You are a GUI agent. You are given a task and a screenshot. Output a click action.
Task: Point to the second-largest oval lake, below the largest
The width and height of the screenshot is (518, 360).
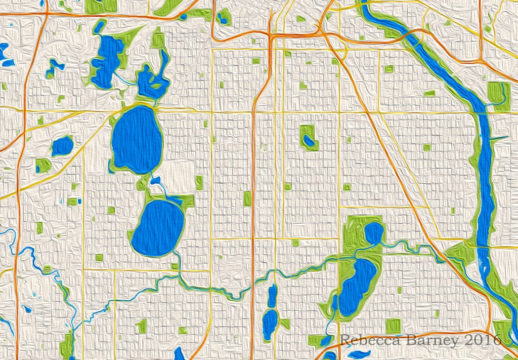pos(158,228)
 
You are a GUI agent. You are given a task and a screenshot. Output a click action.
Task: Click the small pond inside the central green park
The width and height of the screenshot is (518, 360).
pos(308,141)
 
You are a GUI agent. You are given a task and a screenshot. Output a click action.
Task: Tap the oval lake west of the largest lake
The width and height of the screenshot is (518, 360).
pos(62,146)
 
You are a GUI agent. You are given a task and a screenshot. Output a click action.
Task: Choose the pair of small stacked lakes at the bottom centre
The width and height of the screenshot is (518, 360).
pos(271,309)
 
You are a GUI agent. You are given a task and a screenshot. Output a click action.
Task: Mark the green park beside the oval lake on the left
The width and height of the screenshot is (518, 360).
pos(44,165)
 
